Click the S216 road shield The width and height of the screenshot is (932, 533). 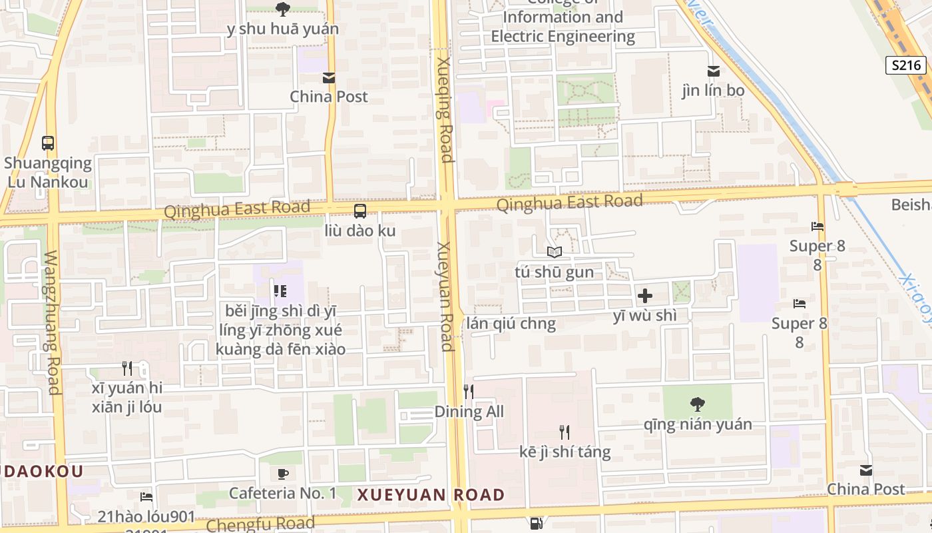tap(906, 65)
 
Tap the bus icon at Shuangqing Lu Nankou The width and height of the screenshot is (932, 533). tap(48, 143)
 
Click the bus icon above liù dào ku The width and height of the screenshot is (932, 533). tap(360, 211)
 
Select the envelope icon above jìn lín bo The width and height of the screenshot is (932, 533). tap(713, 71)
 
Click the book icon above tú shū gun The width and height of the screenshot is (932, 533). tap(555, 252)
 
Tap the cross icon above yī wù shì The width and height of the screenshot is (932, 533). tap(644, 295)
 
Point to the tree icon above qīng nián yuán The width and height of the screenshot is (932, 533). tap(697, 404)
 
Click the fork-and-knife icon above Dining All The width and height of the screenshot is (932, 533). tap(469, 391)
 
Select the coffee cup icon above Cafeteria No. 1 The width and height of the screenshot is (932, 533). tap(283, 474)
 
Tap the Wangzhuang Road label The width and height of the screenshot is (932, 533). tap(52, 322)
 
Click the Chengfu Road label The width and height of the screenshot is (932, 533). tap(260, 524)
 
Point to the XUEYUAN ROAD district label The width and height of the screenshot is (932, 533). tap(431, 495)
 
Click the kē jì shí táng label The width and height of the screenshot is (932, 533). tap(565, 452)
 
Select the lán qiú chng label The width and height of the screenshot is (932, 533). tap(511, 324)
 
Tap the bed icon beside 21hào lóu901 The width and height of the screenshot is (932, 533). tap(146, 497)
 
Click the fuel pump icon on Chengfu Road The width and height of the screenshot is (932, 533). tap(537, 524)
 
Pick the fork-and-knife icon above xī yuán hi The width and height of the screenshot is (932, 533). tap(127, 368)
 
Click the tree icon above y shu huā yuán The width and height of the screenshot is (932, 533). tap(282, 9)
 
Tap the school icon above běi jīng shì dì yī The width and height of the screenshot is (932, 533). tap(280, 290)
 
